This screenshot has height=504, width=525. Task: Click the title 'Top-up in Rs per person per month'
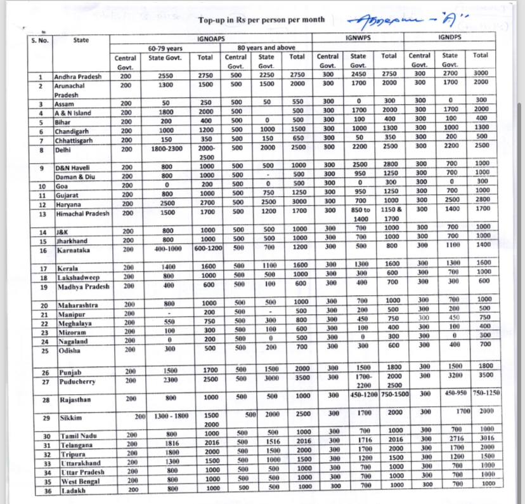(261, 21)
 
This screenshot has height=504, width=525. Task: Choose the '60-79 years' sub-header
(165, 48)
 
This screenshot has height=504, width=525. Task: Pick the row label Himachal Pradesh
(82, 213)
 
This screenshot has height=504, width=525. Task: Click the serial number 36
(46, 491)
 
